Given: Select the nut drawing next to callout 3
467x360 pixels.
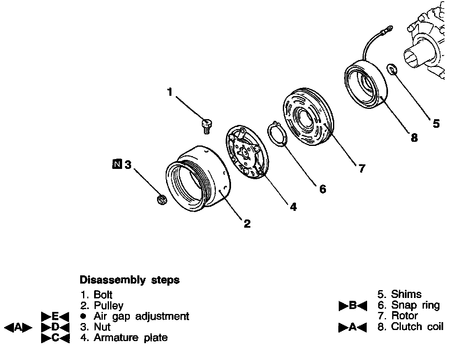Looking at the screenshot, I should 161,200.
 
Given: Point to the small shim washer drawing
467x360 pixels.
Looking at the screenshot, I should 392,69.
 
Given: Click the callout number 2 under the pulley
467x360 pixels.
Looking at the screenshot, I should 247,224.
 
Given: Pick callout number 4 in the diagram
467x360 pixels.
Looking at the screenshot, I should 293,207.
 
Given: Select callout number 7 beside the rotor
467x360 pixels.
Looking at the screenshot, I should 361,168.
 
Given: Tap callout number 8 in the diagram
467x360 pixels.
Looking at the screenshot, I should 414,138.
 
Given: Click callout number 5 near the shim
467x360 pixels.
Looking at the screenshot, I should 436,123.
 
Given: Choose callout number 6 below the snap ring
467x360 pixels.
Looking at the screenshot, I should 322,189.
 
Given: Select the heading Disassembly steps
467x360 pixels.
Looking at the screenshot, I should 129,280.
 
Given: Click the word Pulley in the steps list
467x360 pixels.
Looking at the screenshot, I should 109,305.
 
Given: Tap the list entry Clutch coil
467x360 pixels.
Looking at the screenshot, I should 417,327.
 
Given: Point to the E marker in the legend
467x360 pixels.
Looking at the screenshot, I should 55,316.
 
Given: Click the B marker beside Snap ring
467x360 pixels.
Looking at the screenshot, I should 352,306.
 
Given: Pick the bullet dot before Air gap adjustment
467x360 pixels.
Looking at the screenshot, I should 84,316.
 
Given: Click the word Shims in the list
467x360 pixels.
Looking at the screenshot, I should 406,294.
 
